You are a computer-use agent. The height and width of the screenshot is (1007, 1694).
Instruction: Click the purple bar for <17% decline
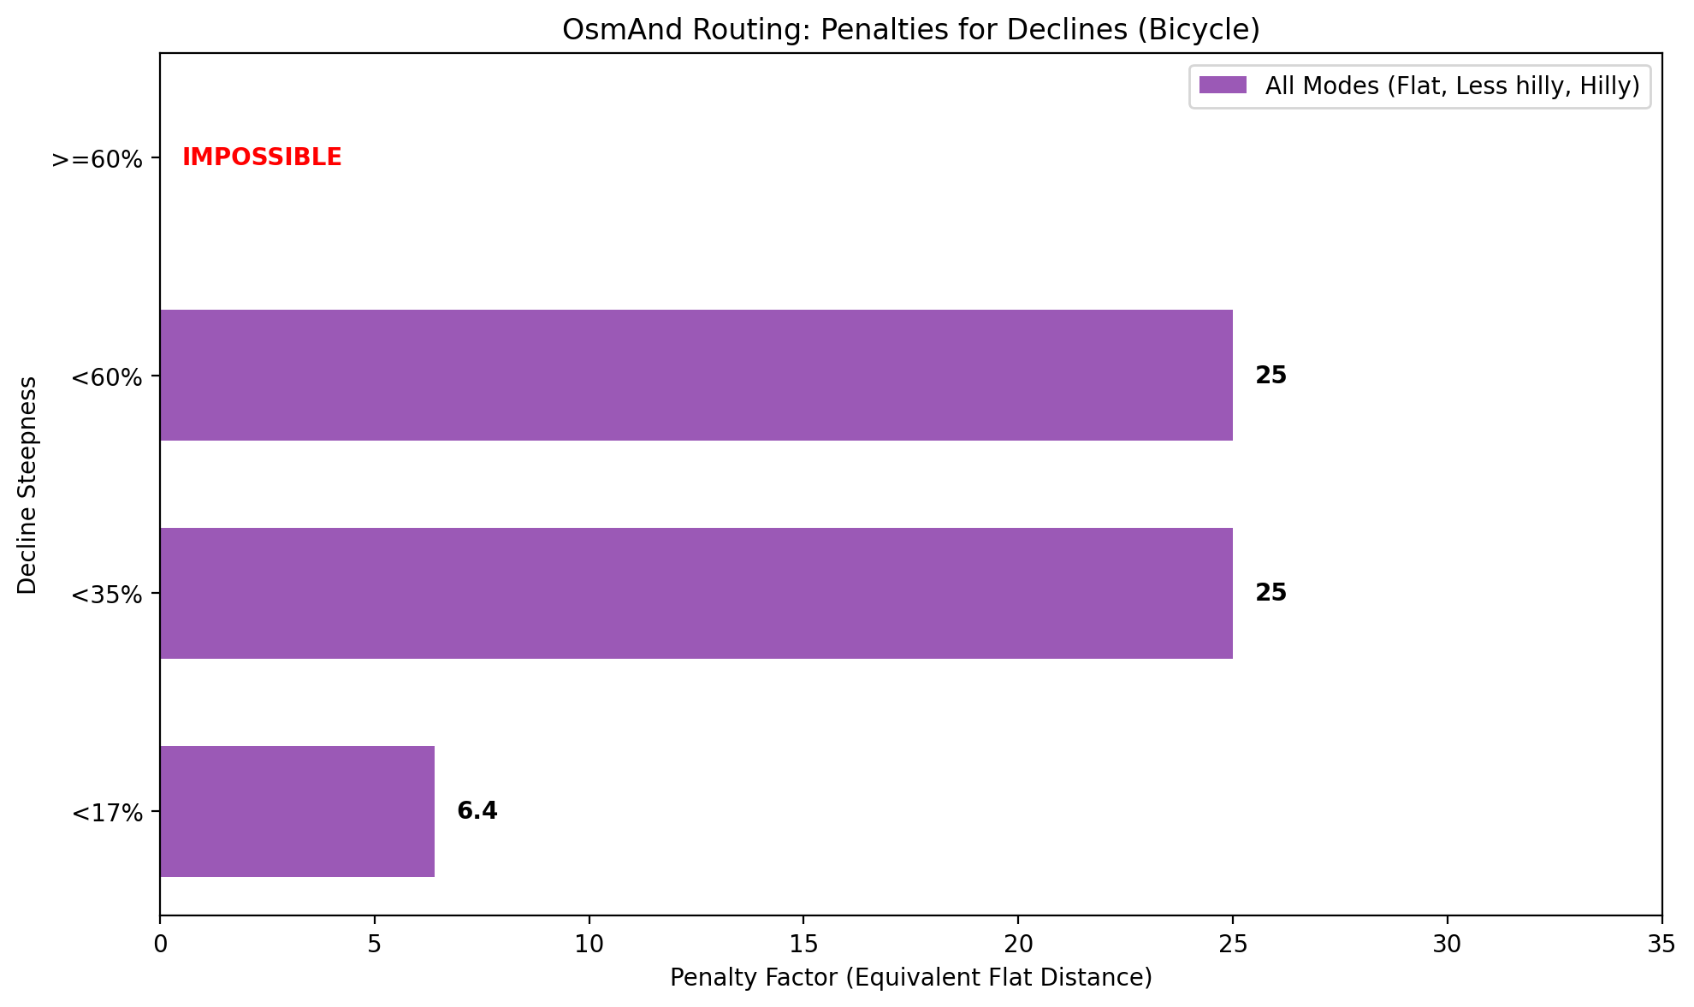click(297, 811)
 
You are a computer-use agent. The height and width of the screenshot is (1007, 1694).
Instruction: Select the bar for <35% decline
click(696, 593)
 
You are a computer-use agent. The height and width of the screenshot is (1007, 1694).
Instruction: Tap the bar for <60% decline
click(696, 375)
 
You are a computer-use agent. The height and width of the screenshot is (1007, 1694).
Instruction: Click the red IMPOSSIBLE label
click(262, 157)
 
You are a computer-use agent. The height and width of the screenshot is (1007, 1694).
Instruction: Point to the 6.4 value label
click(477, 811)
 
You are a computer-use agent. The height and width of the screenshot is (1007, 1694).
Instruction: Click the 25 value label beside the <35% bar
click(1270, 593)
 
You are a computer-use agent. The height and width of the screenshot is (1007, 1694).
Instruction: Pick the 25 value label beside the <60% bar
click(1270, 376)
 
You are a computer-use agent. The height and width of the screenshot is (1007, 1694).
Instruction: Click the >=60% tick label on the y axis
click(97, 159)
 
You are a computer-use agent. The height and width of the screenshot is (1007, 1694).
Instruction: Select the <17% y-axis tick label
click(107, 813)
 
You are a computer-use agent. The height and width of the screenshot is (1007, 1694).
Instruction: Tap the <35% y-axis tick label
click(107, 595)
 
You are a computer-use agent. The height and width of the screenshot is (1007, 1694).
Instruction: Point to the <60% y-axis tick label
click(107, 377)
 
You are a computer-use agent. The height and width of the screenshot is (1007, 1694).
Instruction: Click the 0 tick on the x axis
click(160, 944)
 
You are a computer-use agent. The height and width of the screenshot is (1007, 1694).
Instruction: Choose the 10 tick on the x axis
click(589, 944)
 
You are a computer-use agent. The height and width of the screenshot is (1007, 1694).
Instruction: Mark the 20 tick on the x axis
click(1018, 944)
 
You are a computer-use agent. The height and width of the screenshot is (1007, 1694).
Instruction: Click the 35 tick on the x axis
click(1661, 944)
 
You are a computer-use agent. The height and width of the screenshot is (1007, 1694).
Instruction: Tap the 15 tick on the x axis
click(803, 944)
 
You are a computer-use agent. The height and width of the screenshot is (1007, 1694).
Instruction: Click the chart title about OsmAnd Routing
click(910, 30)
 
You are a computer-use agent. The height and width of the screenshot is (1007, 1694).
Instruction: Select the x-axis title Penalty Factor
click(910, 977)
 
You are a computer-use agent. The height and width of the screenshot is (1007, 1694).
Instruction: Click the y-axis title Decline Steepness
click(27, 484)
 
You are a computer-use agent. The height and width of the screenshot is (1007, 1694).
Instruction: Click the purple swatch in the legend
click(1223, 86)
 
